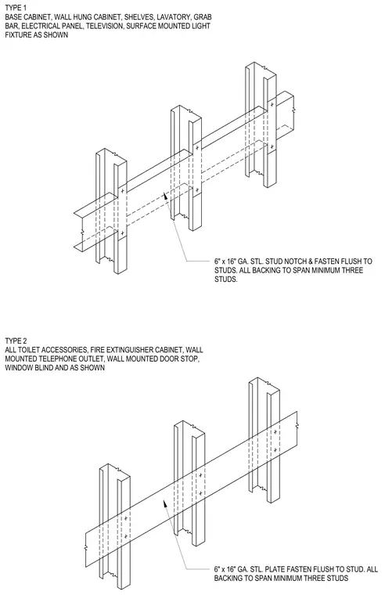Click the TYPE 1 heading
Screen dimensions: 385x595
coord(16,8)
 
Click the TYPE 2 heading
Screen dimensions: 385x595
coord(16,341)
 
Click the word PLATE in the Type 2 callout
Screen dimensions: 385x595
coord(275,569)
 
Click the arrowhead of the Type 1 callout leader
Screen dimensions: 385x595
coord(165,196)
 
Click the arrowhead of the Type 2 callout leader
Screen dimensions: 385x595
coord(165,503)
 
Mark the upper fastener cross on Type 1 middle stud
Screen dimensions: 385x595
coord(197,148)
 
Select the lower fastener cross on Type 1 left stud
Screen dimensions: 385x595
coord(122,233)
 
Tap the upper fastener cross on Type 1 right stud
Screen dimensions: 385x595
coord(272,104)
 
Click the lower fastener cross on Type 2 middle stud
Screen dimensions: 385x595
coord(200,493)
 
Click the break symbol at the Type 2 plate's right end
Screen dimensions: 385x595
coord(297,426)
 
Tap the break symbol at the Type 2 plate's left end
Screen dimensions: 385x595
coord(87,547)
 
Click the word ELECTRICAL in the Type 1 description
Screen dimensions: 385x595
coord(39,26)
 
